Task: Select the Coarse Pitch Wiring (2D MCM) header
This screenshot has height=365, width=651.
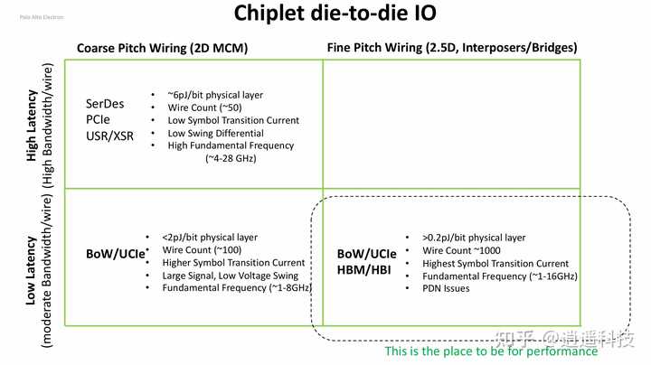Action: coord(162,47)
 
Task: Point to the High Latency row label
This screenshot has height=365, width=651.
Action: coord(33,125)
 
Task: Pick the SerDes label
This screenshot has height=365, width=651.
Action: coord(106,104)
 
